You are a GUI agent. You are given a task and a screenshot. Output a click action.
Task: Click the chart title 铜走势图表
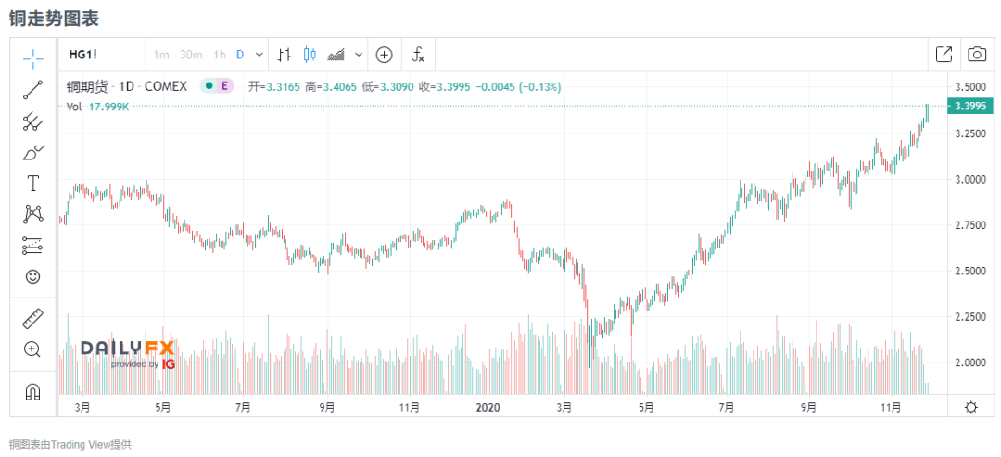pos(54,18)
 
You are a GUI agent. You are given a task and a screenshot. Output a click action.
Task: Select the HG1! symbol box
pos(82,55)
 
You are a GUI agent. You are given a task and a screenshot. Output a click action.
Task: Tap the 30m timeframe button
pos(191,55)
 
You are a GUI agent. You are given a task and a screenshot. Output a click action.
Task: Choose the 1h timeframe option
pos(220,55)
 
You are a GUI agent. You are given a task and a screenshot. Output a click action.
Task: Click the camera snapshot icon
pos(977,55)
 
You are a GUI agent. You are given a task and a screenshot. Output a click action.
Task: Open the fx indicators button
pos(418,55)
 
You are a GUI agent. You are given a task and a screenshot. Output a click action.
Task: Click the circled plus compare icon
pos(384,55)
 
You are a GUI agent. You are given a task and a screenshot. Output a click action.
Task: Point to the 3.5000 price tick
pos(970,87)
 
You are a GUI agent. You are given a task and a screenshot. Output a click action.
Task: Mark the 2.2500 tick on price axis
pos(970,316)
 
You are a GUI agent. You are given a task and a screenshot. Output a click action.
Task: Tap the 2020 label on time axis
pos(488,406)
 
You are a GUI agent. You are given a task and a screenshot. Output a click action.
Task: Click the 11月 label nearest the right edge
pos(891,406)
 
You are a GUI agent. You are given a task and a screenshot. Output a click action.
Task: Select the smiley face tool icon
pos(33,276)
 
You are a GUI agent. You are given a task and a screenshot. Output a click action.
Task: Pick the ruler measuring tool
pos(33,319)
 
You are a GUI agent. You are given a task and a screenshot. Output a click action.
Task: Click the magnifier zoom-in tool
pos(33,349)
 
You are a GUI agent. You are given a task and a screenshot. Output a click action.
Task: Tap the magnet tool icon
pos(33,391)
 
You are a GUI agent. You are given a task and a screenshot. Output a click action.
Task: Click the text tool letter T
pos(33,183)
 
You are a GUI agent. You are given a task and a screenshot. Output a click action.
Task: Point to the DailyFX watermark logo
pos(127,352)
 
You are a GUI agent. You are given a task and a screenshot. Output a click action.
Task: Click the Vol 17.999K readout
pos(97,107)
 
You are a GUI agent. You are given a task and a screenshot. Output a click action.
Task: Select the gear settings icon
pos(970,406)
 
